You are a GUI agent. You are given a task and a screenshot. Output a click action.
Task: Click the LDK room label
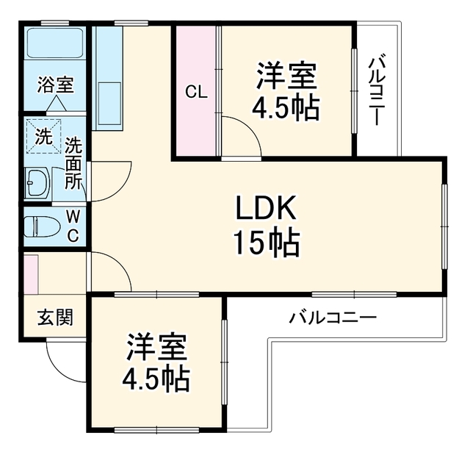(266, 207)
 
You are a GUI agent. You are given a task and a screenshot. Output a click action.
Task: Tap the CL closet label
(196, 92)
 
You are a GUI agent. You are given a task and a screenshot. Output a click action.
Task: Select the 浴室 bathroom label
(56, 85)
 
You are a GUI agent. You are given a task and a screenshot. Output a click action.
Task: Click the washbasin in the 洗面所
(37, 183)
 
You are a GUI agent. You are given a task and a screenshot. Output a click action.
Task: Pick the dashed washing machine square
(43, 137)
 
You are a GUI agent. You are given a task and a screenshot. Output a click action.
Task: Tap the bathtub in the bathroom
(55, 43)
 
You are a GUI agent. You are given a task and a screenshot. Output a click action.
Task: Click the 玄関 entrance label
(55, 318)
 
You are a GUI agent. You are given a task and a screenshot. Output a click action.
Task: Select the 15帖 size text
(266, 243)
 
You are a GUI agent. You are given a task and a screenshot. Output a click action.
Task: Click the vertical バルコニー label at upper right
(377, 90)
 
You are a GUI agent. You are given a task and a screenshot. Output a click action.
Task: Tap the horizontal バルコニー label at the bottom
(333, 318)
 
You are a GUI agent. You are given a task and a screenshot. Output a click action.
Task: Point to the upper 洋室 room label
(286, 76)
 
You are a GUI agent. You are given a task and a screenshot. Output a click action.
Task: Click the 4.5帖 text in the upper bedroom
(286, 107)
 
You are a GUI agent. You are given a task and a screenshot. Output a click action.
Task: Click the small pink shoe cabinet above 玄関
(32, 274)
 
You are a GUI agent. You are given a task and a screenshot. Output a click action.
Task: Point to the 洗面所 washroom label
(73, 163)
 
